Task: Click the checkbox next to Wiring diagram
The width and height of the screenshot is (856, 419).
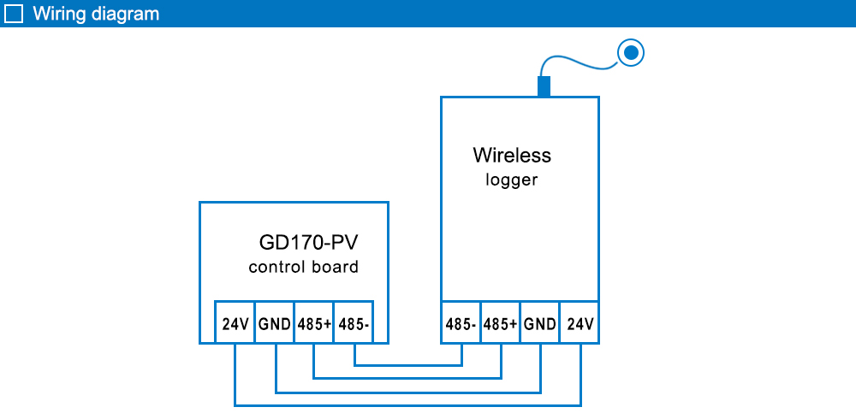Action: [14, 14]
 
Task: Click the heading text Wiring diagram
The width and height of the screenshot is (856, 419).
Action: [95, 14]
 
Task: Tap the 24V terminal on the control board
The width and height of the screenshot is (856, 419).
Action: [235, 325]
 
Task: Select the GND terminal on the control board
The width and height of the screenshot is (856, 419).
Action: [275, 325]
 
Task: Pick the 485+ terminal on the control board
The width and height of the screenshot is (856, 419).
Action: [314, 325]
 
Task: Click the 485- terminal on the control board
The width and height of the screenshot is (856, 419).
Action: [354, 325]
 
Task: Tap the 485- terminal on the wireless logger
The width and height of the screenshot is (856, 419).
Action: [461, 325]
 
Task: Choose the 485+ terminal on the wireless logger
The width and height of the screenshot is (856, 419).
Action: [501, 325]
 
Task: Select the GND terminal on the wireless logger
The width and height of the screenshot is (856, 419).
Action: [540, 325]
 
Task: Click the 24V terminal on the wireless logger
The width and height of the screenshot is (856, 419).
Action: [580, 325]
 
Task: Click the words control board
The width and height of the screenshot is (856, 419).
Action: [303, 267]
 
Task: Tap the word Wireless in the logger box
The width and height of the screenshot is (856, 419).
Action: [512, 156]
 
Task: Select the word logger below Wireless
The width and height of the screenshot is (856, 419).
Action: [512, 180]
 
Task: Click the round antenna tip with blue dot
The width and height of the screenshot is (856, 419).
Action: [631, 54]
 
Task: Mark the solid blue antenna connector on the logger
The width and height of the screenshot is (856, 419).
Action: [543, 86]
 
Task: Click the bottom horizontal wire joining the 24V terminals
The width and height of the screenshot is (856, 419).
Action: [407, 404]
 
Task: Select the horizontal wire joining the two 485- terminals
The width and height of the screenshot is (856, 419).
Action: [407, 364]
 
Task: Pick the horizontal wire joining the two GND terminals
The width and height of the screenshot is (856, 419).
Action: [407, 392]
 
